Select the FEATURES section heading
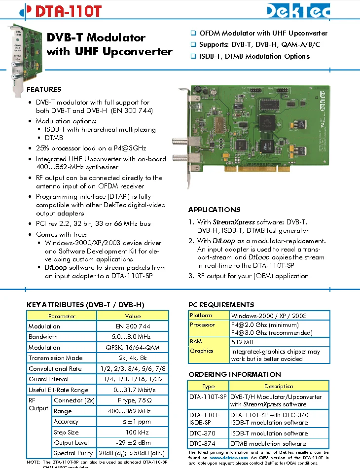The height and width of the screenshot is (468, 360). point(44,89)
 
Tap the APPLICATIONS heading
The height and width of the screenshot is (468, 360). point(214,210)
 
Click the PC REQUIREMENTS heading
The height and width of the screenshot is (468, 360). point(221,305)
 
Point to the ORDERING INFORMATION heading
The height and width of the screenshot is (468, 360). point(234,374)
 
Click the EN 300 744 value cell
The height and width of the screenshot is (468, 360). point(133,326)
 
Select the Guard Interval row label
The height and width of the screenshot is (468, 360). point(49,379)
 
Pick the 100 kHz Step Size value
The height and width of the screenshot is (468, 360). point(133,432)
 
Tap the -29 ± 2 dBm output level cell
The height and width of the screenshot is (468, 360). point(133,443)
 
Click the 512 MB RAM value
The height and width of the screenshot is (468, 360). point(242,342)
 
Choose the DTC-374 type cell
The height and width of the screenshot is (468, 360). point(202,444)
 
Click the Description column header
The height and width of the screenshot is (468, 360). point(279,386)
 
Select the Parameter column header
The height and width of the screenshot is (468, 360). point(62,316)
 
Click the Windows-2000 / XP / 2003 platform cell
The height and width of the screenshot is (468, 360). point(269,316)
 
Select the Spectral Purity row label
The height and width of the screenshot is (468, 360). point(73,453)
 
